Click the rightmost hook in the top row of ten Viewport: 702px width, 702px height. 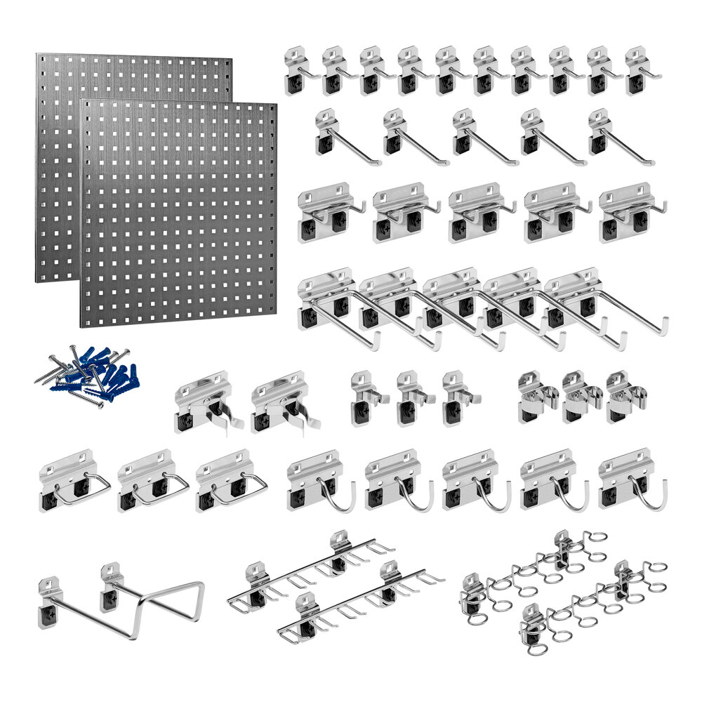637,71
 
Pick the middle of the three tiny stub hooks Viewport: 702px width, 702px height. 409,398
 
